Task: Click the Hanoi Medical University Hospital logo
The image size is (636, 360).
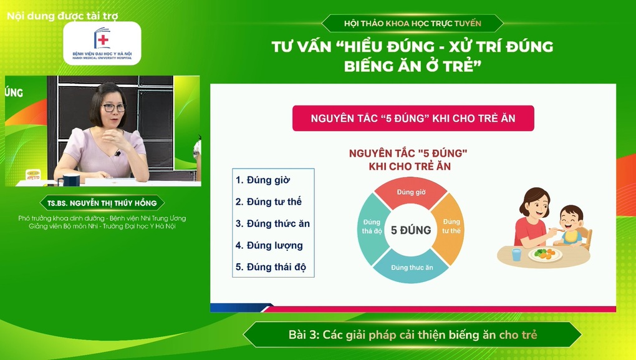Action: pyautogui.click(x=102, y=43)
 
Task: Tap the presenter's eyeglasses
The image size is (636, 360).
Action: pyautogui.click(x=113, y=108)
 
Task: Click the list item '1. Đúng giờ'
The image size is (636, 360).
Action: pyautogui.click(x=263, y=180)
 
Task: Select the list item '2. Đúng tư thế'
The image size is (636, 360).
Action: pyautogui.click(x=269, y=202)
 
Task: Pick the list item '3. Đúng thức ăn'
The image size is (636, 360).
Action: pyautogui.click(x=272, y=223)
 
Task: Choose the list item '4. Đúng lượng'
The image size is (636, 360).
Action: pyautogui.click(x=269, y=245)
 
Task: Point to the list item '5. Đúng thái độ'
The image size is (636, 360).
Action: pyautogui.click(x=271, y=267)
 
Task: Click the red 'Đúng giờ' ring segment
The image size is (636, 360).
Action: pyautogui.click(x=412, y=193)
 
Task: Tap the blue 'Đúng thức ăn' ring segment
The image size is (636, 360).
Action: pyautogui.click(x=412, y=266)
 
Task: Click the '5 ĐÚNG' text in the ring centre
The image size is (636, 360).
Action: pyautogui.click(x=411, y=230)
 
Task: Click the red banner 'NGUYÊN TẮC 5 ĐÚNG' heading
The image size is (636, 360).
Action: pyautogui.click(x=413, y=119)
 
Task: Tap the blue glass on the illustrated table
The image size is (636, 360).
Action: pyautogui.click(x=516, y=255)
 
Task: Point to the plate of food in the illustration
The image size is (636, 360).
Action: pyautogui.click(x=545, y=254)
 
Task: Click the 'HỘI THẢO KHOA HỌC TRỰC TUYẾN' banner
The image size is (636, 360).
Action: pyautogui.click(x=412, y=24)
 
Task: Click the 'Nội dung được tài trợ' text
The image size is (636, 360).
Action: pyautogui.click(x=62, y=15)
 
